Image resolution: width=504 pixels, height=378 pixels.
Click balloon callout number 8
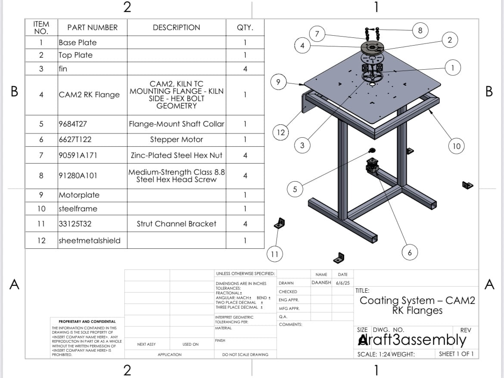tap(420, 30)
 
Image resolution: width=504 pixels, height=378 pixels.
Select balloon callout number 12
tap(281, 132)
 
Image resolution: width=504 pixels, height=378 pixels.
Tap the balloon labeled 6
tap(410, 253)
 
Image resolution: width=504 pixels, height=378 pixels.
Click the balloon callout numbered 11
tap(274, 254)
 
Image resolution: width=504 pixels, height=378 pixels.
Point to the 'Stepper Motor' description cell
tap(176, 139)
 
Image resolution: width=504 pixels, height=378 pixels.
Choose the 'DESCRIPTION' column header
tap(176, 28)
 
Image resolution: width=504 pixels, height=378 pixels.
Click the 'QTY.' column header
tap(245, 28)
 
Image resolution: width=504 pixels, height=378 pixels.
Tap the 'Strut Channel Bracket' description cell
tap(176, 224)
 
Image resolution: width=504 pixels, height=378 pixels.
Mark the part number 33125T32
tap(75, 224)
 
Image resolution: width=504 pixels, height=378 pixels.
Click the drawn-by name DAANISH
tap(321, 283)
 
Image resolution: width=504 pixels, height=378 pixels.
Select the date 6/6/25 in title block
tap(342, 283)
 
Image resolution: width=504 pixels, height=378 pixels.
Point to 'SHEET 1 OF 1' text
tap(456, 354)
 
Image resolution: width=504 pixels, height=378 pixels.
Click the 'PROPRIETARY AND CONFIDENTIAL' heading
tap(84, 322)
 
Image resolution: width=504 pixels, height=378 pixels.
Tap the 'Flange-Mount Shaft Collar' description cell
tap(176, 124)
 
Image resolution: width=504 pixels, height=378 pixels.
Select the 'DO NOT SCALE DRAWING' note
tap(245, 355)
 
